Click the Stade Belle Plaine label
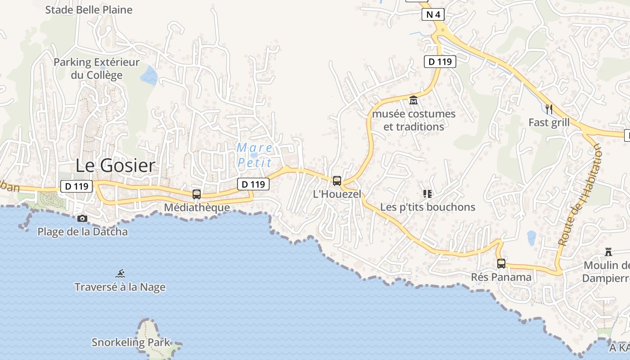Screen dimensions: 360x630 (89, 10)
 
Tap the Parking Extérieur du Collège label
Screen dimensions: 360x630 (97, 68)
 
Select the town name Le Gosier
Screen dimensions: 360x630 (115, 166)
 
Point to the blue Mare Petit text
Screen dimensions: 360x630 (255, 155)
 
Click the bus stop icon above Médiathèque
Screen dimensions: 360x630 (197, 194)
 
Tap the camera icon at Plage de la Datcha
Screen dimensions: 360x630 (82, 219)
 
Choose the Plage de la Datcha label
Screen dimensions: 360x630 (82, 232)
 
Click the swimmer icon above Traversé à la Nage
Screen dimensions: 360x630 (120, 274)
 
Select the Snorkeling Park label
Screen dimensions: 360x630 (131, 342)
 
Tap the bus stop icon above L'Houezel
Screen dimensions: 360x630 (337, 181)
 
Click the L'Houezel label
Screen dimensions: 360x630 (337, 194)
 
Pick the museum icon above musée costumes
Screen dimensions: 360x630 (414, 100)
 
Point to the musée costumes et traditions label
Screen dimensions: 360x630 (414, 120)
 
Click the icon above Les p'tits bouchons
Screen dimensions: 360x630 (427, 194)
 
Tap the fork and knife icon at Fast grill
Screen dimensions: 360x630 (549, 109)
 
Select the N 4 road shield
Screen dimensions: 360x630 (433, 14)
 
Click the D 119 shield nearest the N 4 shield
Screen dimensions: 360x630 (440, 62)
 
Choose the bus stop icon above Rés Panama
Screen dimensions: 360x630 (501, 264)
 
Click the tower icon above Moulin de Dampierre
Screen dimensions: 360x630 (608, 252)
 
